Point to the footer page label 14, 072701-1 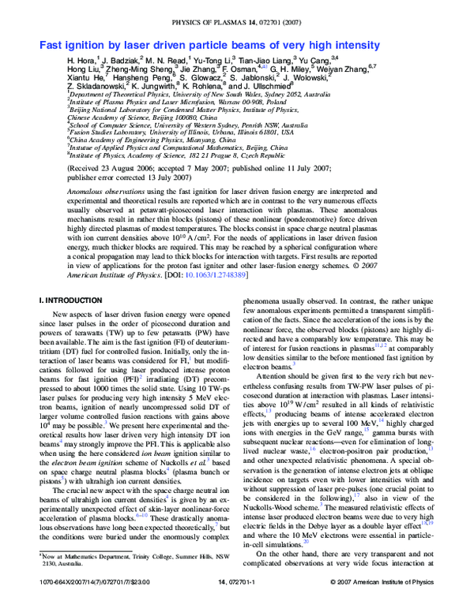pos(238,603)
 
